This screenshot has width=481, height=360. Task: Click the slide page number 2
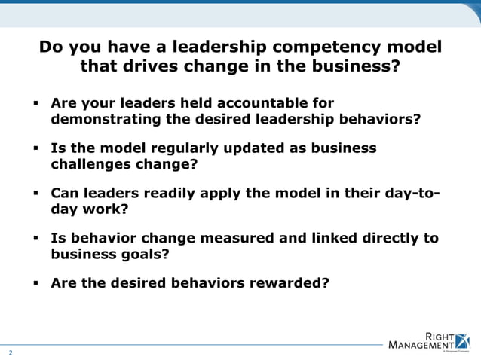tap(11, 352)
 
